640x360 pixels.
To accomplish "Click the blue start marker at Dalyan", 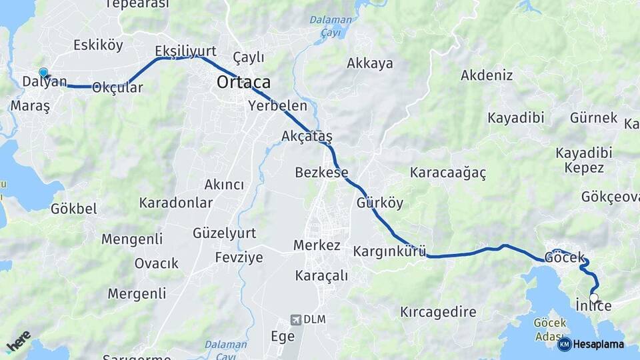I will tap(43, 73).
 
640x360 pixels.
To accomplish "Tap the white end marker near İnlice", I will tap(594, 298).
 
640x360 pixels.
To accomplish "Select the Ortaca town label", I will tap(243, 83).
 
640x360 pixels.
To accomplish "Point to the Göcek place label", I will tap(564, 257).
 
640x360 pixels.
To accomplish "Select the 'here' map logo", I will tap(19, 341).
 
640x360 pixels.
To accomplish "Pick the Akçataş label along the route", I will tap(307, 137).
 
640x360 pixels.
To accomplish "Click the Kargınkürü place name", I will tap(389, 251).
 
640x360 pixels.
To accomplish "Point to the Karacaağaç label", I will tap(448, 173).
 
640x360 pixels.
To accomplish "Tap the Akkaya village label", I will tap(370, 64).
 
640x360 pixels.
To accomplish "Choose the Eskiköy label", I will tap(99, 45).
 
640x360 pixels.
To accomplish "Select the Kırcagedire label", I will tap(438, 311).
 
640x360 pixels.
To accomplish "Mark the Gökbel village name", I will tap(73, 209).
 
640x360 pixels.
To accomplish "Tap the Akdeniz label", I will tap(487, 75).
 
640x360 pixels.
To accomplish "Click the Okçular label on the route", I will tap(118, 87).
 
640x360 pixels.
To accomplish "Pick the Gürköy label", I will tap(380, 203).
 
